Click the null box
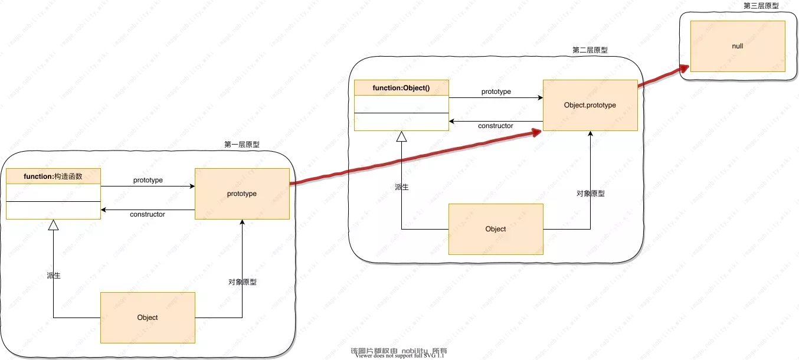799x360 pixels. point(738,46)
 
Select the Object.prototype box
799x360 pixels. point(590,105)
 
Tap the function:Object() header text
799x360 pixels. point(401,88)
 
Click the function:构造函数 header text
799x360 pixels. point(53,176)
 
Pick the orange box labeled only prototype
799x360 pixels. point(242,194)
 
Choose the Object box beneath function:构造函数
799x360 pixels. point(148,317)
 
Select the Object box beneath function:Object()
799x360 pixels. point(496,229)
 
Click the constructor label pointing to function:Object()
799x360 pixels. point(495,126)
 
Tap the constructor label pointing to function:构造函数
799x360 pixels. point(147,214)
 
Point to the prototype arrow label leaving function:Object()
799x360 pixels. point(496,91)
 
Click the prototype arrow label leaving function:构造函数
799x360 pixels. point(148,180)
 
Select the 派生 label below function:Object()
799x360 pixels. point(402,186)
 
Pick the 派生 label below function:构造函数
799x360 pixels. point(54,275)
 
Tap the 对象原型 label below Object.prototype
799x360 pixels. point(591,193)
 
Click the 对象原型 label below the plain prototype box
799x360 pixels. point(243,282)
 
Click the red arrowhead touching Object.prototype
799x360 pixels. point(537,132)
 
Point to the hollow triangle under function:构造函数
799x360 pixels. point(53,225)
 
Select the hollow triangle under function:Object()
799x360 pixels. point(401,136)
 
